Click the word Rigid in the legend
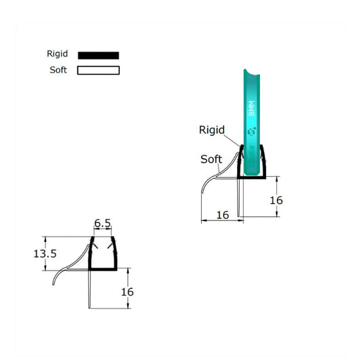(x=57, y=54)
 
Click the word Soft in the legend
(x=58, y=71)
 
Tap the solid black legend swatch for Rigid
(x=98, y=55)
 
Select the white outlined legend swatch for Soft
(x=98, y=71)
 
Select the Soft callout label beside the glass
(x=211, y=159)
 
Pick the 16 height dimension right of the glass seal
(x=276, y=200)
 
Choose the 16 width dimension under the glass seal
(x=221, y=215)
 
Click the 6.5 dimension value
(x=103, y=223)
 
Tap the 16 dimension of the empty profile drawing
(x=127, y=292)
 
